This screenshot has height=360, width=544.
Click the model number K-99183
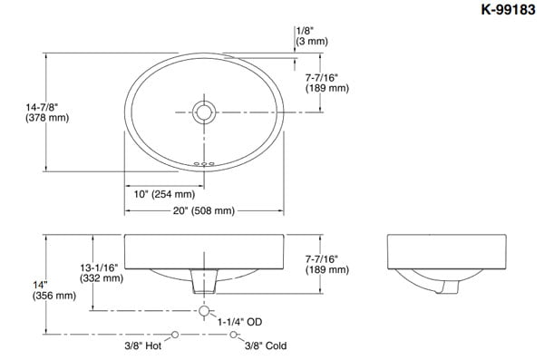pyautogui.click(x=508, y=9)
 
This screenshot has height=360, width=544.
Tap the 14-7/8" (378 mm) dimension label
pyautogui.click(x=47, y=112)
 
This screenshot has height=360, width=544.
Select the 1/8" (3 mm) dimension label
pyautogui.click(x=312, y=36)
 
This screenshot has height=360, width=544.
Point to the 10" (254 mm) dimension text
pyautogui.click(x=164, y=194)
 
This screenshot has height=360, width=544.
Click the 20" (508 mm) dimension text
pyautogui.click(x=204, y=210)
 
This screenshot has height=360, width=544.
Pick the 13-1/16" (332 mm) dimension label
pyautogui.click(x=102, y=273)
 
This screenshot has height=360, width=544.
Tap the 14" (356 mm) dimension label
pyautogui.click(x=54, y=290)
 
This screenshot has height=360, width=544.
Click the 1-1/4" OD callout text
pyautogui.click(x=239, y=322)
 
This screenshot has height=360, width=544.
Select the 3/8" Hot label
pyautogui.click(x=143, y=345)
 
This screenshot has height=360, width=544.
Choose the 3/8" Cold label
pyautogui.click(x=266, y=345)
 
